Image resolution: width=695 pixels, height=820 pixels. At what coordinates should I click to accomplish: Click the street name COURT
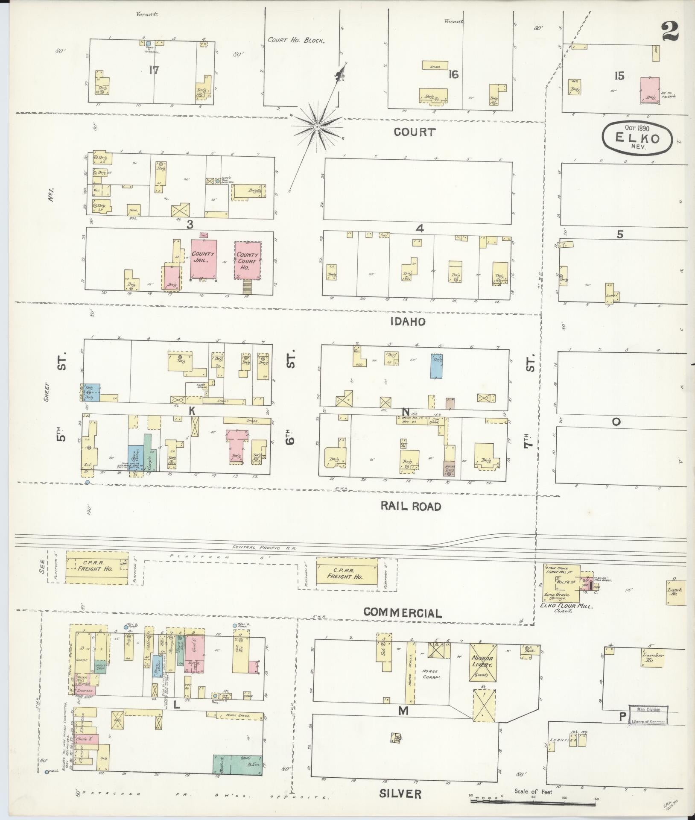[415, 132]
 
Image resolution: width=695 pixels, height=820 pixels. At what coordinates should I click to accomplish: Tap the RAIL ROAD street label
[410, 507]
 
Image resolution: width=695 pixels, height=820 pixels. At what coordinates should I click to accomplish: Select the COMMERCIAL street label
[402, 613]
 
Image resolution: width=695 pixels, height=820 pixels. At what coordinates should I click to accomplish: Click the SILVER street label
[400, 793]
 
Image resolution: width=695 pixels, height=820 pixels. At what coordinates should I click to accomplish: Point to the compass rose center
[317, 127]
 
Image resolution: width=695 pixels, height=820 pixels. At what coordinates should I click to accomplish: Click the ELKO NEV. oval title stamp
[637, 139]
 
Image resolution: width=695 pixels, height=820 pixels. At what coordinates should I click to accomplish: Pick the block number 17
[154, 70]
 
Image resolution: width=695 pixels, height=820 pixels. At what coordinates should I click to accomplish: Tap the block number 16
[453, 75]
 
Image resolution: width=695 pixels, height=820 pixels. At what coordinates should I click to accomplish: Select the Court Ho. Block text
[297, 41]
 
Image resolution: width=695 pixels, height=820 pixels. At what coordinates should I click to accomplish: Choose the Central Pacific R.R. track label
[265, 547]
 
